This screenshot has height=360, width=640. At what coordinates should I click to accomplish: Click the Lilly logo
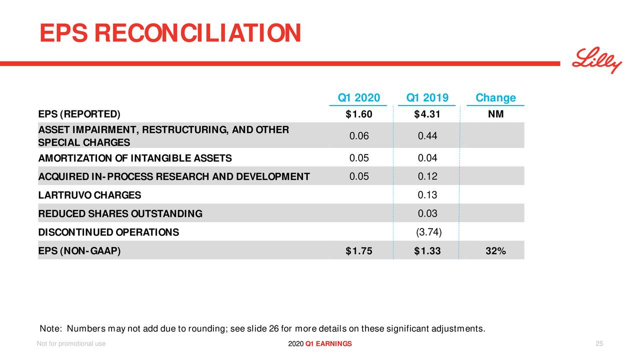point(597,60)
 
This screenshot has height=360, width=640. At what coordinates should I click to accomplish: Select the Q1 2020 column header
point(358,97)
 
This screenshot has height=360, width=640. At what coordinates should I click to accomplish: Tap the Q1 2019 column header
point(427,97)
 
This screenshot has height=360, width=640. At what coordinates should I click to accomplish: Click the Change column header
point(495,97)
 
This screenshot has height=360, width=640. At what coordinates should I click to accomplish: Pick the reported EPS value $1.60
point(358,114)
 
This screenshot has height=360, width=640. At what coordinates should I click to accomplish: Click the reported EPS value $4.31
point(427,114)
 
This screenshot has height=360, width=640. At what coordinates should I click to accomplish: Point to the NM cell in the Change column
point(495,114)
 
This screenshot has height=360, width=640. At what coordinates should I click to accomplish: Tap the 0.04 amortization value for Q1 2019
point(427,158)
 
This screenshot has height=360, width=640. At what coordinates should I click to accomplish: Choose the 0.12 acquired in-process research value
point(427,176)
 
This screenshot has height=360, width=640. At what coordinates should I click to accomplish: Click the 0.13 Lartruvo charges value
point(427,195)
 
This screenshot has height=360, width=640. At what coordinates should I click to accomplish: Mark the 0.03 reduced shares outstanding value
point(427,214)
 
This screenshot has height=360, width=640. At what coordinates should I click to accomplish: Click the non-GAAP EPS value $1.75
point(358,251)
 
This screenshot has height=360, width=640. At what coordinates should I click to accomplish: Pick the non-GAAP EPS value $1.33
point(427,251)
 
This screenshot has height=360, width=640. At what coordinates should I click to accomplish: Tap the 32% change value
point(495,251)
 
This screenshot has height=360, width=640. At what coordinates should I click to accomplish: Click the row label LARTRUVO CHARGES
point(89,195)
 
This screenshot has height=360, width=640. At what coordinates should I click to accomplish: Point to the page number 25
point(599,343)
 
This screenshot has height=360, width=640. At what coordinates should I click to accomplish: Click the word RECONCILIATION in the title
point(197,33)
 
